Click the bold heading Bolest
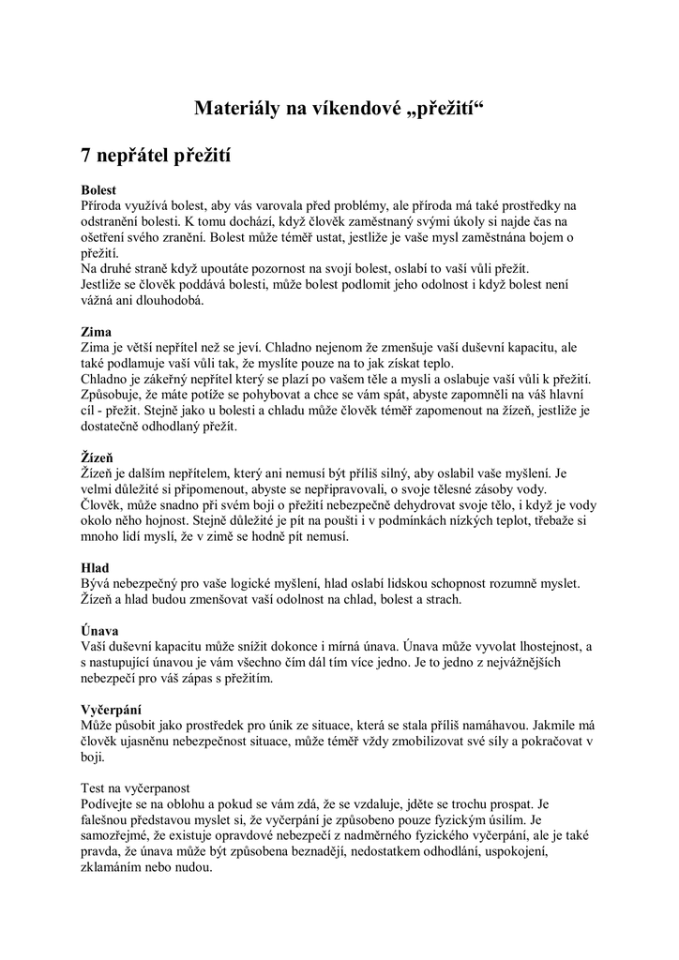coord(98,189)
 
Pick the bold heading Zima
coord(96,332)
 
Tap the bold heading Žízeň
coord(98,457)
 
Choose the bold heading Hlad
coord(95,567)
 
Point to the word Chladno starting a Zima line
coord(106,380)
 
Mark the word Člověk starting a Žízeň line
coord(102,505)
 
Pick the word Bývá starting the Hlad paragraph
coord(97,584)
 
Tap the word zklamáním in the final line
coord(114,868)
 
